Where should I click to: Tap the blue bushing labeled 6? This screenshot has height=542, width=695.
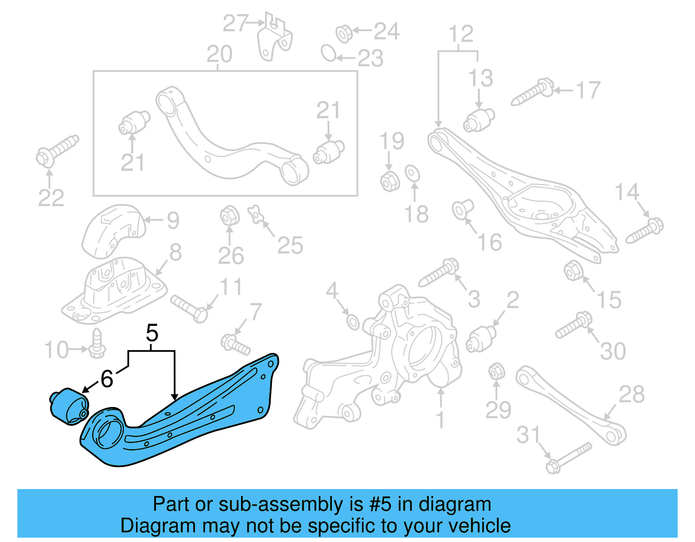pyautogui.click(x=69, y=406)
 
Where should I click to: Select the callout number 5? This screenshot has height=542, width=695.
pyautogui.click(x=152, y=333)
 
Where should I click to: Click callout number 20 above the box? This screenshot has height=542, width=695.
pyautogui.click(x=219, y=54)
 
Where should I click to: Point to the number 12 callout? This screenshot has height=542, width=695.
pyautogui.click(x=460, y=34)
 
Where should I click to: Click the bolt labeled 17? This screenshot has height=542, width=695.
pyautogui.click(x=532, y=92)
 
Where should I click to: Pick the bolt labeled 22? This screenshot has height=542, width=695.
pyautogui.click(x=56, y=150)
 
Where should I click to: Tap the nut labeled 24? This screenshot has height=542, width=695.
pyautogui.click(x=344, y=33)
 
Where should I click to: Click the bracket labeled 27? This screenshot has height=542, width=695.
pyautogui.click(x=274, y=37)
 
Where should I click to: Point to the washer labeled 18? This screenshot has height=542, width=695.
pyautogui.click(x=412, y=173)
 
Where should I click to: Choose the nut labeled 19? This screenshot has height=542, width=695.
pyautogui.click(x=389, y=181)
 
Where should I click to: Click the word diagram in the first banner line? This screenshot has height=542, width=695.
pyautogui.click(x=455, y=505)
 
